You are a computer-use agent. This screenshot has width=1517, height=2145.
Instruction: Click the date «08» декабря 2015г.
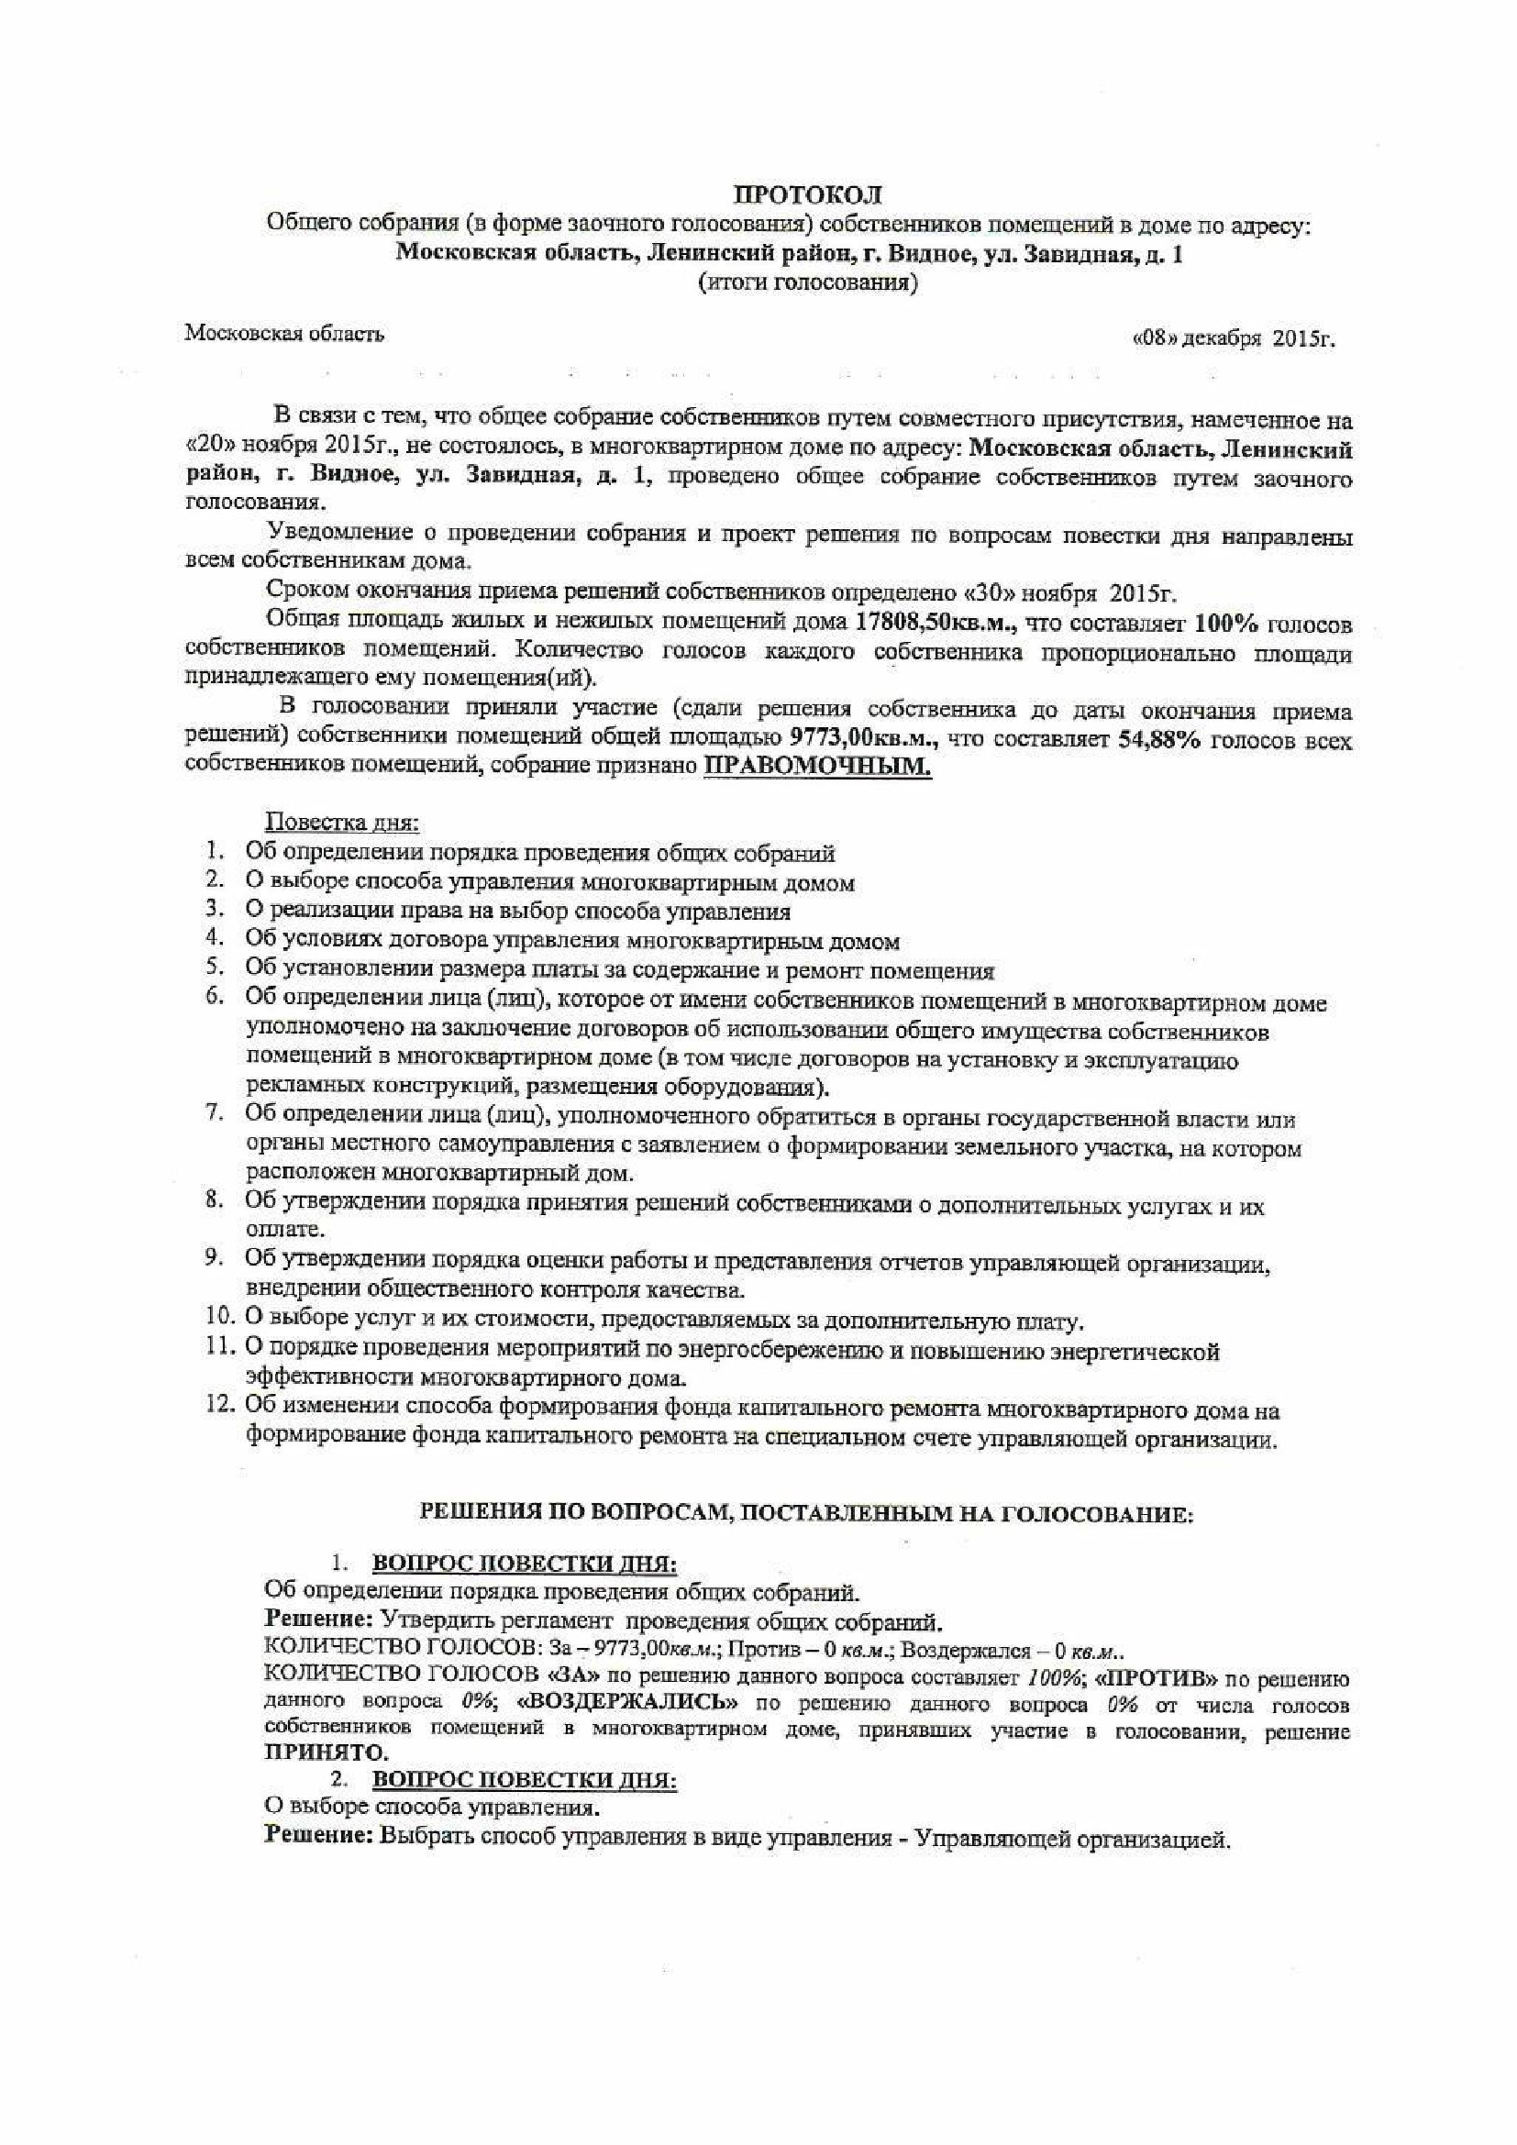1232,339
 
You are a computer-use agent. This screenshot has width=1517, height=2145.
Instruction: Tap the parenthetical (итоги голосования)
807,283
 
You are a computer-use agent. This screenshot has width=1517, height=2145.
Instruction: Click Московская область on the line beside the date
285,334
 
